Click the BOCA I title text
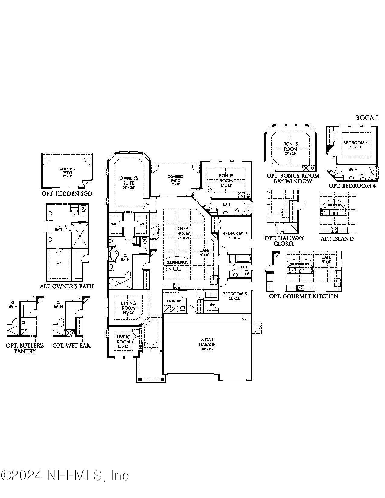coord(367,118)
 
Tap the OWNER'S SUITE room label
coord(129,180)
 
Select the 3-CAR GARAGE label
coord(207,342)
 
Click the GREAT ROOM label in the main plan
coord(184,231)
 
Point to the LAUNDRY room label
coord(174,301)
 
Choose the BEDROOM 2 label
coord(235,233)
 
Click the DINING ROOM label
coord(128,305)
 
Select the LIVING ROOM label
coord(123,339)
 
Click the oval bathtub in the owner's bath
coord(114,254)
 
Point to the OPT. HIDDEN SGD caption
coord(67,194)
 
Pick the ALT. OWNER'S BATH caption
coord(67,286)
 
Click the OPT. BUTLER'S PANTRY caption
coord(25,348)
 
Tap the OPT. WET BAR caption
coord(71,346)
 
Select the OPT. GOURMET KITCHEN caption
coord(303,296)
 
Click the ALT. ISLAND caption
coord(337,239)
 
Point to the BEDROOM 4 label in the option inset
coord(355,143)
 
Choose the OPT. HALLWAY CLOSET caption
coord(284,241)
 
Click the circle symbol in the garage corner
coord(245,318)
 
